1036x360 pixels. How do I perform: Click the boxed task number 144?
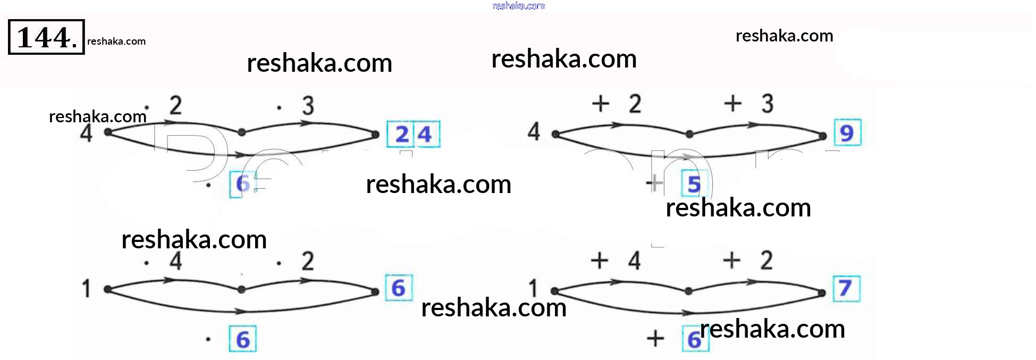(46, 37)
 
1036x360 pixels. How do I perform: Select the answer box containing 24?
(413, 135)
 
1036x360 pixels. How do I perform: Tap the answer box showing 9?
(847, 133)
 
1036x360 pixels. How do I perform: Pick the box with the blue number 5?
(694, 184)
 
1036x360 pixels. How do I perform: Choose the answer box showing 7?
(846, 289)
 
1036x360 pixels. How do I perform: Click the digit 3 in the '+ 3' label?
(767, 104)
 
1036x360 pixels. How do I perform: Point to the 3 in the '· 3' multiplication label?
(308, 106)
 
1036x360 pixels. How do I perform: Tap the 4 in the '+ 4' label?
(634, 261)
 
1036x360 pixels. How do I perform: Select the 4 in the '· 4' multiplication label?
(175, 261)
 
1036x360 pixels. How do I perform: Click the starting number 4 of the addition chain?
(534, 131)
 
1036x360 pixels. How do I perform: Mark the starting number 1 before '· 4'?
(86, 289)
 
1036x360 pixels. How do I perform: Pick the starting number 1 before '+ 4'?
(533, 289)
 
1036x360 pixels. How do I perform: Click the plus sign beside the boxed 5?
(655, 183)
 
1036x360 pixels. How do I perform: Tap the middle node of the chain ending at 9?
(689, 134)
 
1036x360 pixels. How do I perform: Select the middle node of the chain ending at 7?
(688, 291)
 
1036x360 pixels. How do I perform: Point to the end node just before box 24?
(375, 135)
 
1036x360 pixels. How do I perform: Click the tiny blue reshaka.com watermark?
(518, 6)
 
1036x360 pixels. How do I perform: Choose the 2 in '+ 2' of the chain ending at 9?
(635, 104)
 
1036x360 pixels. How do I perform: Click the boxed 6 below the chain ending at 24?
(242, 184)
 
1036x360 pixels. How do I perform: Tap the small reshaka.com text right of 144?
(116, 41)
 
